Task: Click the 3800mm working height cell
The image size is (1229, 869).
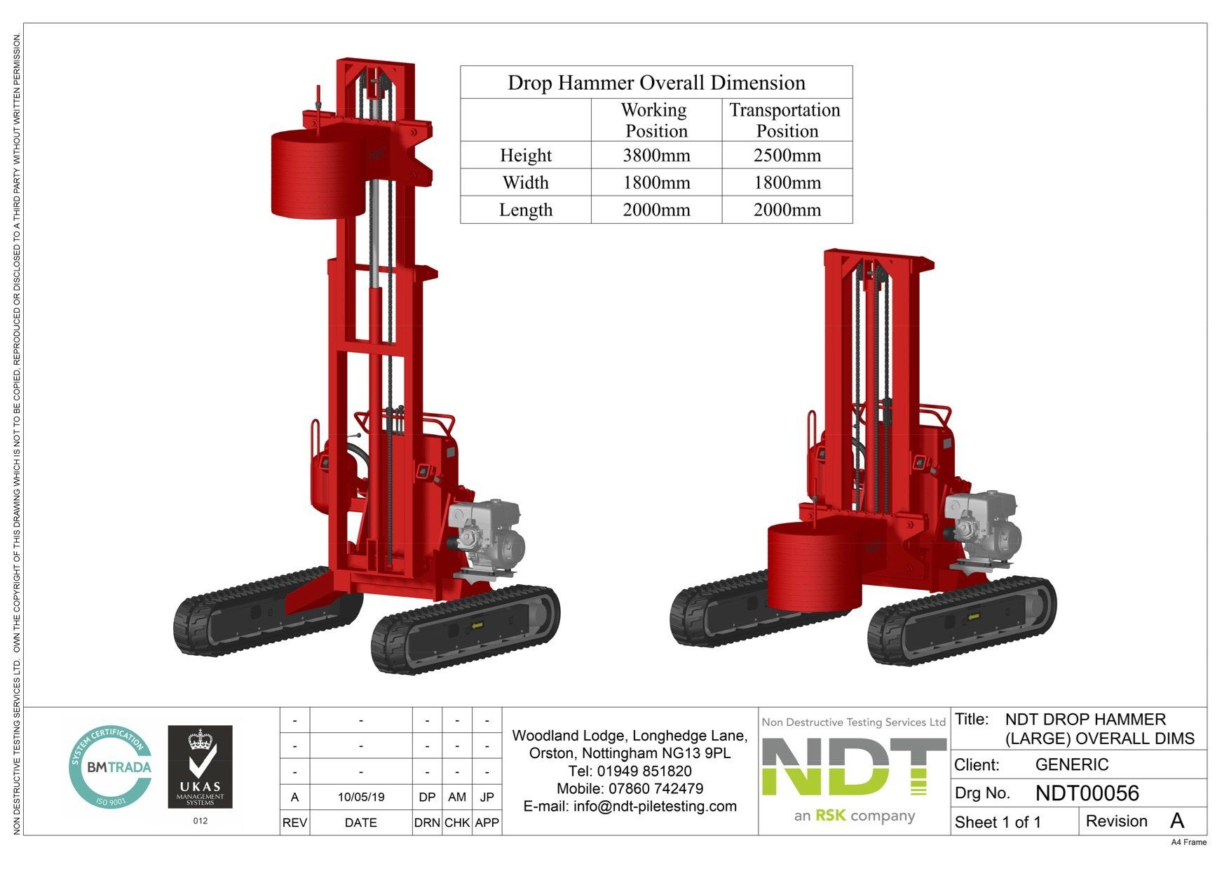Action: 656,156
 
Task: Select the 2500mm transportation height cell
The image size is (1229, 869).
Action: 787,156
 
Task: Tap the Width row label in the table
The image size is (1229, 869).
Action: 525,183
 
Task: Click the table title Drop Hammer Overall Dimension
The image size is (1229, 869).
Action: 656,83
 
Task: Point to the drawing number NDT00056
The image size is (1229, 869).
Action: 1087,793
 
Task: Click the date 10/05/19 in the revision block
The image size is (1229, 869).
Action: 360,797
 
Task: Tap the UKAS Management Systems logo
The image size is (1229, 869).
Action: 200,767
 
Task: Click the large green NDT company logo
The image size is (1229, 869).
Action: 853,769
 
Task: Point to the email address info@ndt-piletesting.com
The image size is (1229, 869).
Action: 630,807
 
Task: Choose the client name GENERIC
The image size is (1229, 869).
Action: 1071,765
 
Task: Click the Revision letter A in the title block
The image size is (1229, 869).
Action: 1176,821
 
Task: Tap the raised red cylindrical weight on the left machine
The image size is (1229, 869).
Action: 319,174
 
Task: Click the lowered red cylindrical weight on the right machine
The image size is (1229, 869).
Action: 813,567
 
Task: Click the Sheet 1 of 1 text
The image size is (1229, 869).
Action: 998,823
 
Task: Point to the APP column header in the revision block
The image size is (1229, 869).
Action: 487,823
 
